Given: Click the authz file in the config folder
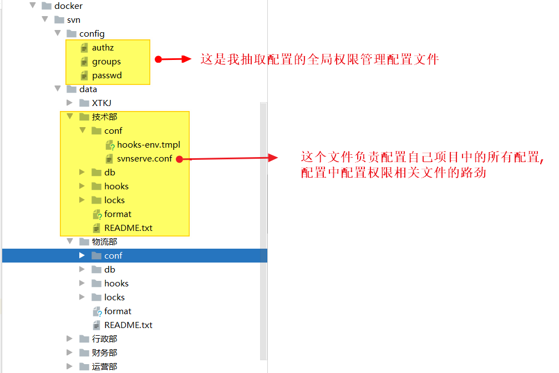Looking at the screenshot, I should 103,48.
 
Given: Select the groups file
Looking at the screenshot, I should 106,62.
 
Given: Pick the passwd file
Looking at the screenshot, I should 106,75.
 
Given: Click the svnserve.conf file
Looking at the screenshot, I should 144,159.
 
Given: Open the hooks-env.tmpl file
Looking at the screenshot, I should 148,145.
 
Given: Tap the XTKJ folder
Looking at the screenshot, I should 101,103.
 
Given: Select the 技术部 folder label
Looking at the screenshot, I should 104,117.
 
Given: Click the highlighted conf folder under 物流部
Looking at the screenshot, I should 113,256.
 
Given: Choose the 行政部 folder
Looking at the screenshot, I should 104,339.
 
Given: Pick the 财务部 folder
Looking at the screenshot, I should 104,353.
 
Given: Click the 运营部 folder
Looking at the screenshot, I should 104,367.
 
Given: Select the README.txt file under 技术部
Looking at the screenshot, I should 128,228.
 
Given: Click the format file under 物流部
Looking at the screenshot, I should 118,311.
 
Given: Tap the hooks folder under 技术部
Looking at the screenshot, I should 116,186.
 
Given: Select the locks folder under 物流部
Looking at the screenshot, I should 114,298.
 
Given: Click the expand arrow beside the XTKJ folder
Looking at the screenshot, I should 69,103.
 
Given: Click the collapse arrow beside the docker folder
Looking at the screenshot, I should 32,6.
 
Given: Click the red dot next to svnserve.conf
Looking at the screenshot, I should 179,159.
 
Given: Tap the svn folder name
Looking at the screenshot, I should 73,20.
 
